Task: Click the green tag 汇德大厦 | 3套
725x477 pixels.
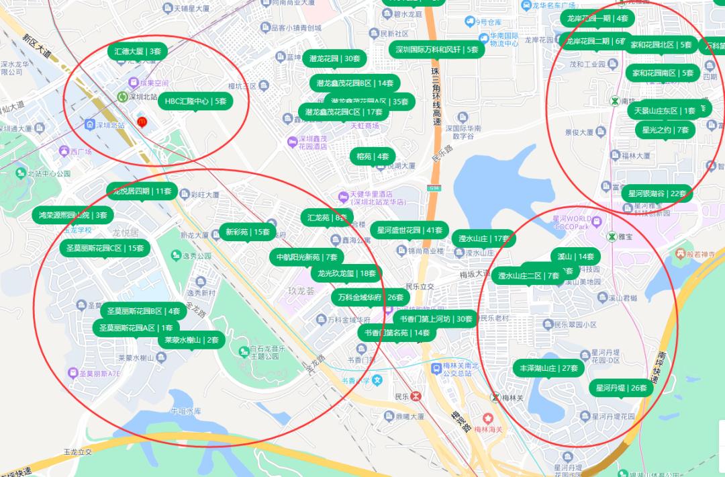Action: point(138,51)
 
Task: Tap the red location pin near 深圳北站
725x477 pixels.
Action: point(142,122)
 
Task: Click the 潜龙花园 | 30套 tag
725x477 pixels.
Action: point(335,58)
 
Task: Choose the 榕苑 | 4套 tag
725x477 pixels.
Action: point(373,157)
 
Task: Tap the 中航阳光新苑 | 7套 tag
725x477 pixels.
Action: point(307,257)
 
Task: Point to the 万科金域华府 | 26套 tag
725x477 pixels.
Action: point(370,296)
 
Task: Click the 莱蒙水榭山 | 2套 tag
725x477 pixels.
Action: point(192,340)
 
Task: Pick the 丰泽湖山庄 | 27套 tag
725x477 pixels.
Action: point(549,368)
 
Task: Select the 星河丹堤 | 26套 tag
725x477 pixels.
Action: point(622,388)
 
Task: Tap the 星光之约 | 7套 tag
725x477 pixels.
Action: point(665,130)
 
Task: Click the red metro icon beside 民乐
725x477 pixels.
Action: point(417,396)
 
